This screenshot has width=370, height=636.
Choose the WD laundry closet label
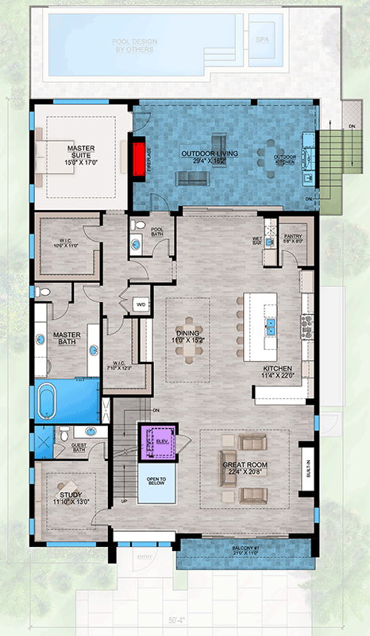[x=141, y=303]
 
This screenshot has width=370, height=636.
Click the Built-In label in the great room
[x=307, y=472]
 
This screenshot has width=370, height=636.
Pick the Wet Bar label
[x=258, y=238]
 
